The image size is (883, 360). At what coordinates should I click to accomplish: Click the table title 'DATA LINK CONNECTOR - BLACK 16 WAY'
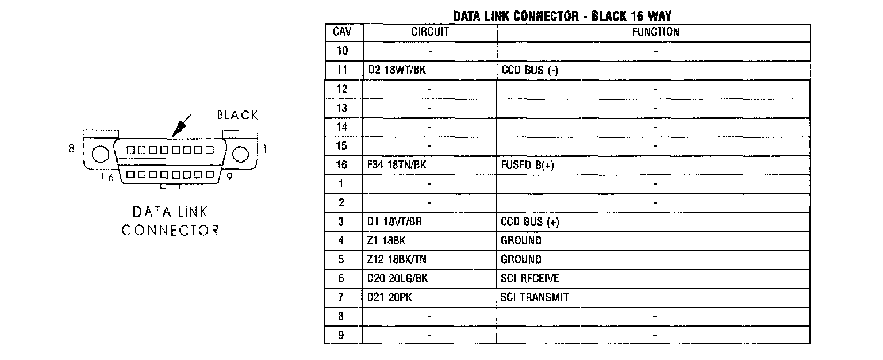[x=562, y=16]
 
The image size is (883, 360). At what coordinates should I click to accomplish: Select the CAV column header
[x=343, y=32]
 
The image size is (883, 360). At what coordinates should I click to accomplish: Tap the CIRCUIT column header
[x=429, y=32]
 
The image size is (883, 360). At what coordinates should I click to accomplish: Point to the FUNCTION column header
[x=655, y=32]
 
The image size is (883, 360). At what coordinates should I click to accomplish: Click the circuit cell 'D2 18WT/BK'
[x=397, y=70]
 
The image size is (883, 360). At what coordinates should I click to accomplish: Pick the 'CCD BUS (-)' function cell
[x=529, y=70]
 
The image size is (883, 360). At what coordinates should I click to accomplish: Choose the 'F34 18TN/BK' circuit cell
[x=397, y=165]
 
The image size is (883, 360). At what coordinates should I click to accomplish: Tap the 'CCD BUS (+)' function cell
[x=530, y=222]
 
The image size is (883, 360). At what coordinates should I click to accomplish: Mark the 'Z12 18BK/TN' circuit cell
[x=397, y=260]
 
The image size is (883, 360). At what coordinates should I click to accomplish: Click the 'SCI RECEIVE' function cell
[x=530, y=279]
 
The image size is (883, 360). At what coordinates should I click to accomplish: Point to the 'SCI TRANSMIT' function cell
[x=535, y=297]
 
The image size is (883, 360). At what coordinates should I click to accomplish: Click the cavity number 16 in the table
[x=342, y=165]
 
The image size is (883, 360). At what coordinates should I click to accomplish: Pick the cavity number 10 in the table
[x=342, y=51]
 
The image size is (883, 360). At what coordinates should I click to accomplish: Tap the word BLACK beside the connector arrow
[x=237, y=116]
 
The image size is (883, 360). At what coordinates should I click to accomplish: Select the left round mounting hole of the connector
[x=100, y=154]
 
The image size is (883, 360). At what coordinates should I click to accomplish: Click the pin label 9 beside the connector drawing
[x=229, y=177]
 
